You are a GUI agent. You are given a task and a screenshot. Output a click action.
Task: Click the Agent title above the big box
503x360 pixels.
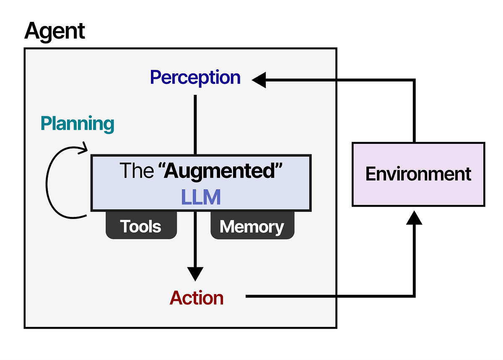tap(54, 31)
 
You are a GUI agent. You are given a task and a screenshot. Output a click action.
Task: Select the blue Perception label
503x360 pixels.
tap(195, 78)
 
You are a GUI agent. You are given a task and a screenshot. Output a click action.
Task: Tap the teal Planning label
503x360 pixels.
tap(77, 124)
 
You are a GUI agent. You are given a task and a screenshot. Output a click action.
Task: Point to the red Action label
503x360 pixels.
tap(197, 298)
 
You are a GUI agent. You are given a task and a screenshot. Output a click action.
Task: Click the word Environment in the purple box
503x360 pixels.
tap(418, 174)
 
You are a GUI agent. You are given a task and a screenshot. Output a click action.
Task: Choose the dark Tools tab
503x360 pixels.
tap(141, 227)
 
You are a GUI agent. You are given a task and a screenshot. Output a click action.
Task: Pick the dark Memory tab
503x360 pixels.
tap(252, 227)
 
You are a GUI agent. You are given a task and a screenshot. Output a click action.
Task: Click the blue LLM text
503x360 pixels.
tap(201, 197)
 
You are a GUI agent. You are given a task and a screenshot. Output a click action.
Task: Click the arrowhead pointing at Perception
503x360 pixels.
tap(259, 79)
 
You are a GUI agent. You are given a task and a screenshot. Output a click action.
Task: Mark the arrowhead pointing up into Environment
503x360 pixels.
tap(414, 217)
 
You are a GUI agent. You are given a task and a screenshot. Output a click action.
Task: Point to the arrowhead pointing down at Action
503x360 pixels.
tap(195, 274)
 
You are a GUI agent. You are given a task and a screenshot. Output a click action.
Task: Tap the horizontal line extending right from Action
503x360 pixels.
tap(327, 297)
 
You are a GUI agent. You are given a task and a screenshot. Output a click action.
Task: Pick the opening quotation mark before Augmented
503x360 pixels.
tap(161, 167)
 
